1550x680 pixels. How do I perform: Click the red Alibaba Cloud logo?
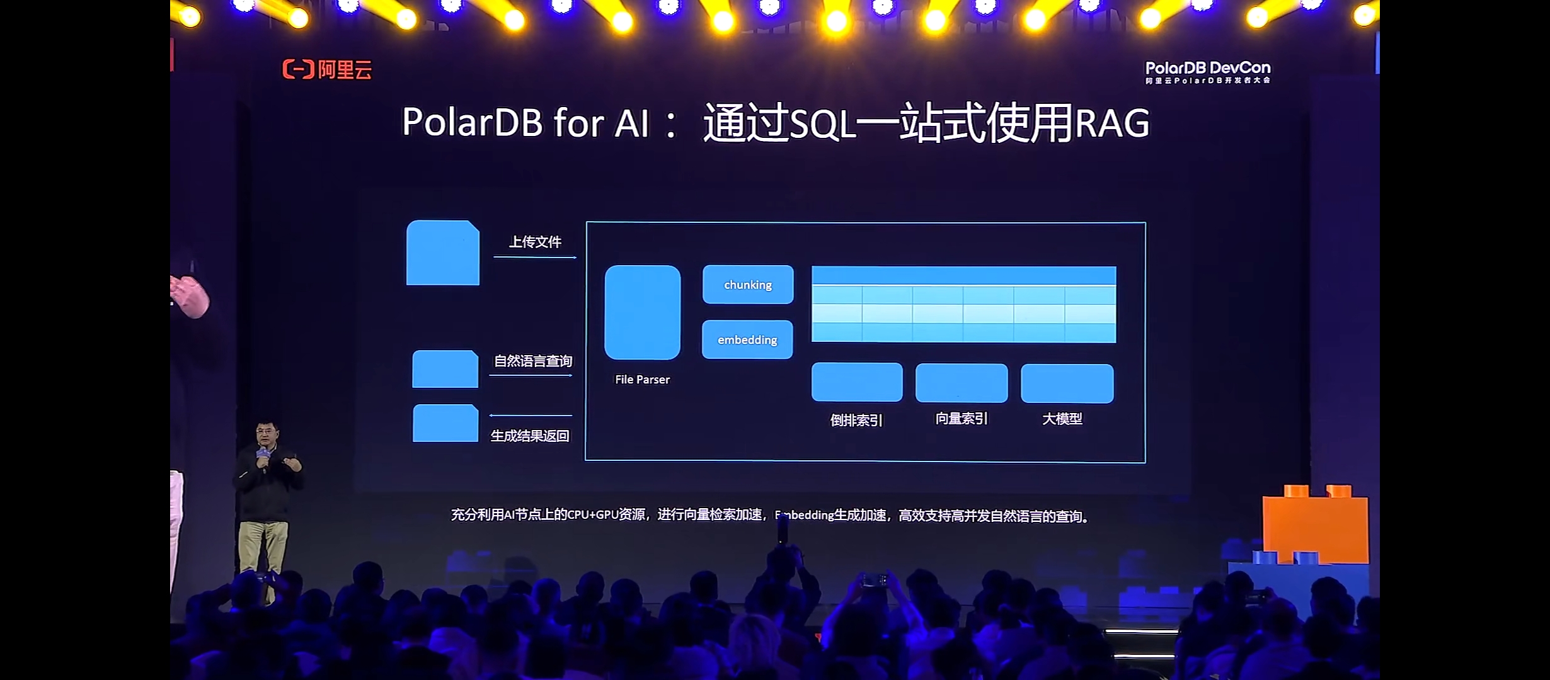pos(326,69)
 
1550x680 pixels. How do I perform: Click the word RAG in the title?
pos(1112,123)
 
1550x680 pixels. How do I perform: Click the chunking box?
pos(748,285)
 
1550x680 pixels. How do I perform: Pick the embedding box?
pos(747,340)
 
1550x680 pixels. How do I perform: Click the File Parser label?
pos(642,380)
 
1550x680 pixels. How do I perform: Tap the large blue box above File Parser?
pos(642,312)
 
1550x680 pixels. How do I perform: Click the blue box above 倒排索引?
pos(857,382)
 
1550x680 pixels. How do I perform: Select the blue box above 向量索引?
pos(962,383)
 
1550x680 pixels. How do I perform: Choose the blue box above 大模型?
pos(1067,383)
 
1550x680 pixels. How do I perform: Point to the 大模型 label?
pos(1062,419)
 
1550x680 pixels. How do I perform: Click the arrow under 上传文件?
pos(534,257)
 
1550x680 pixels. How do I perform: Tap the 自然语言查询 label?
pos(533,361)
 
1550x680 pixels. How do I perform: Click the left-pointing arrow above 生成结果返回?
pos(531,416)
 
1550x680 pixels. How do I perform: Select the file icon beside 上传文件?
pos(442,252)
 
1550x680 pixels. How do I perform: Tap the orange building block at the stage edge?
pos(1315,525)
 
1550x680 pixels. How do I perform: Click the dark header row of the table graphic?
pos(963,275)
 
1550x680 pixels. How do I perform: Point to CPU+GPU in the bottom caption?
pos(592,515)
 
